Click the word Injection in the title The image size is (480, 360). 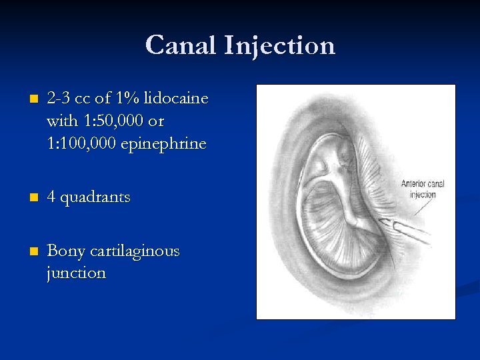point(280,46)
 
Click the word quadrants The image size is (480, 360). point(97,198)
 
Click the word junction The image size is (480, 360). point(76,273)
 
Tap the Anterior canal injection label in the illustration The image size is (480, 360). point(423,189)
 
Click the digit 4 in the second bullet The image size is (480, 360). point(51,198)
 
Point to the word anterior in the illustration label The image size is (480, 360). point(413,184)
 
